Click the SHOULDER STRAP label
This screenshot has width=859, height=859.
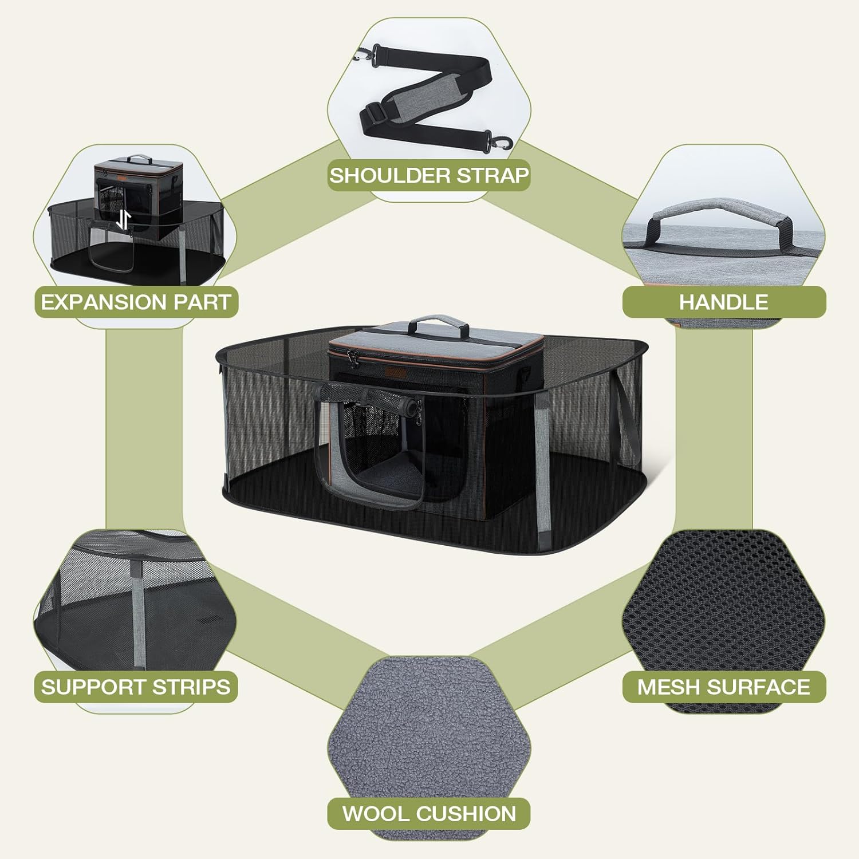(429, 175)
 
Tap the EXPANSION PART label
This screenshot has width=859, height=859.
(136, 302)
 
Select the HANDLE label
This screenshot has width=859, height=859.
(724, 302)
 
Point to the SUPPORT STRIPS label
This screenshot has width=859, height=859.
(136, 687)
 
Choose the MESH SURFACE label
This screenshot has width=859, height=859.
(724, 687)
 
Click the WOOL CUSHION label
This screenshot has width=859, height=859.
(429, 813)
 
